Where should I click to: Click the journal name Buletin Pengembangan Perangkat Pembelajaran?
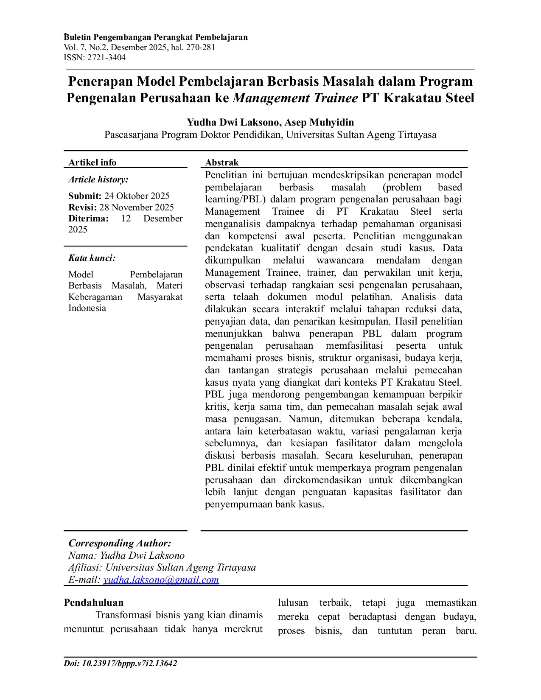point(156,37)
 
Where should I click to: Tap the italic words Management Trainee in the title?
point(295,98)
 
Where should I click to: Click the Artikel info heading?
point(92,162)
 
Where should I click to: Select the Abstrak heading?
point(222,162)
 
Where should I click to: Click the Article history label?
point(98,179)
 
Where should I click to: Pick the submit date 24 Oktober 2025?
point(137,196)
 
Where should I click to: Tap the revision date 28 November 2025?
point(137,207)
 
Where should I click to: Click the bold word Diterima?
point(88,218)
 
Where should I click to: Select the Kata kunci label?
point(92,258)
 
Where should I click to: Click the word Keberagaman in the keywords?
point(95,297)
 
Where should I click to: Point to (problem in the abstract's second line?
point(402,188)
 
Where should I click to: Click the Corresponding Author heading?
point(120,543)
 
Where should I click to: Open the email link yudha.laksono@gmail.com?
point(161,580)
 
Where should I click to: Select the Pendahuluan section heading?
point(94,603)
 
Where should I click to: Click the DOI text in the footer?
point(121,664)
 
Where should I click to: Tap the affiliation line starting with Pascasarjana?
point(270,135)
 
